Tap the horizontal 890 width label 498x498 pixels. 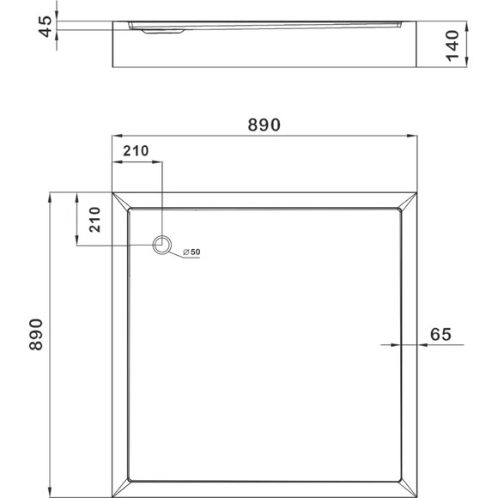click(x=264, y=125)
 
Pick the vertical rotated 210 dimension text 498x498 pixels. click(x=95, y=220)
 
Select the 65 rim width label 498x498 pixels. click(x=440, y=335)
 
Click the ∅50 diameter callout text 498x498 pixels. click(x=191, y=252)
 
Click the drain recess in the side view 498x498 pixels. click(x=163, y=31)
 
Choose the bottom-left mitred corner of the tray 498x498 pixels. click(x=120, y=489)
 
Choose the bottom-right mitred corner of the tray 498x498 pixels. click(x=409, y=489)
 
